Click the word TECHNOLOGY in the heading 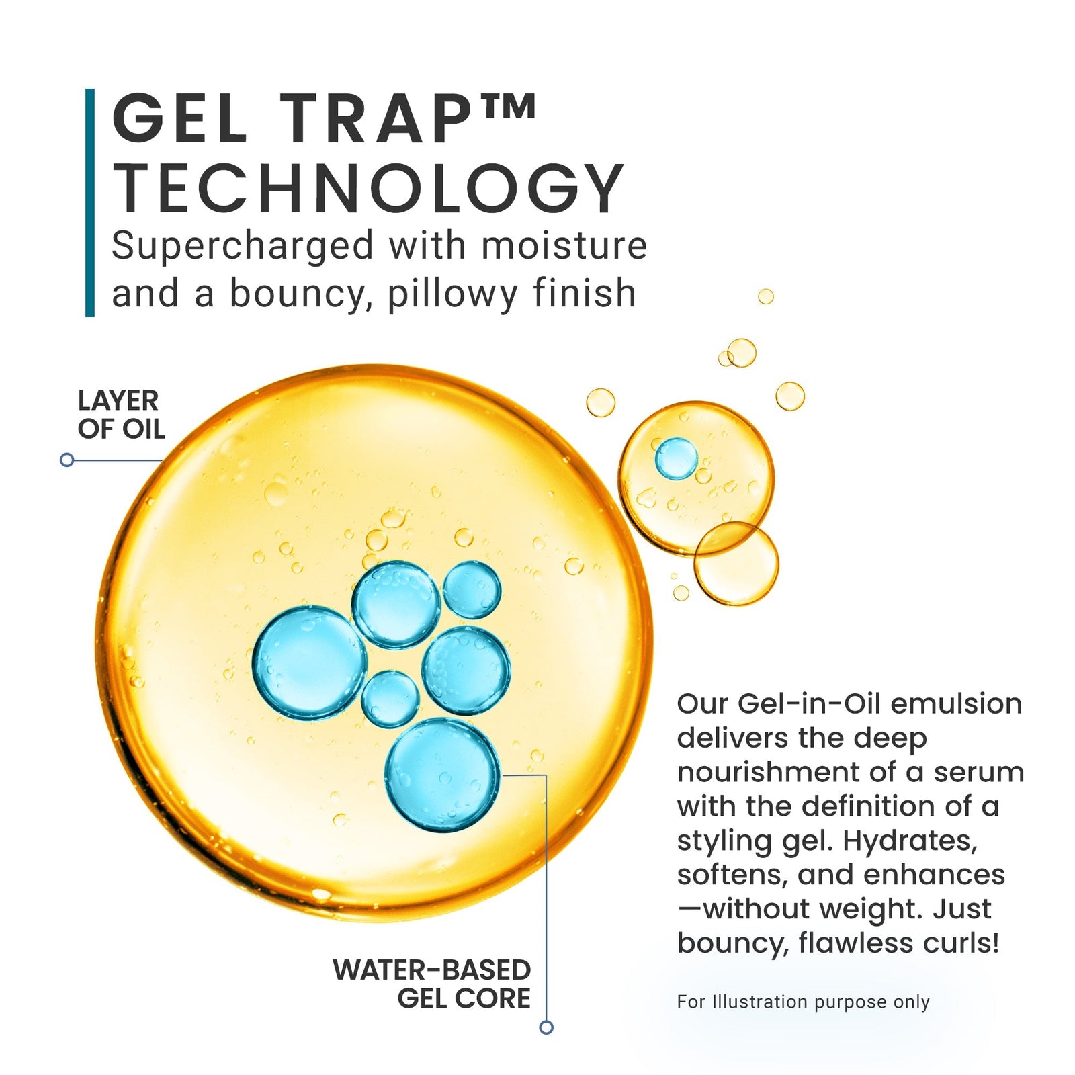pos(368,189)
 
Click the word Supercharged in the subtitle pos(242,246)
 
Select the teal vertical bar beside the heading pos(90,202)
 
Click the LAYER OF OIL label pos(120,415)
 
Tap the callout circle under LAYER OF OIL pos(67,460)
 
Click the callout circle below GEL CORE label pos(546,1027)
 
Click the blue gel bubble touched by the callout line pos(442,775)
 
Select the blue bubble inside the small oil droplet pos(676,458)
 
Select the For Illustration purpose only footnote pos(803,1002)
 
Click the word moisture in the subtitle pos(564,246)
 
